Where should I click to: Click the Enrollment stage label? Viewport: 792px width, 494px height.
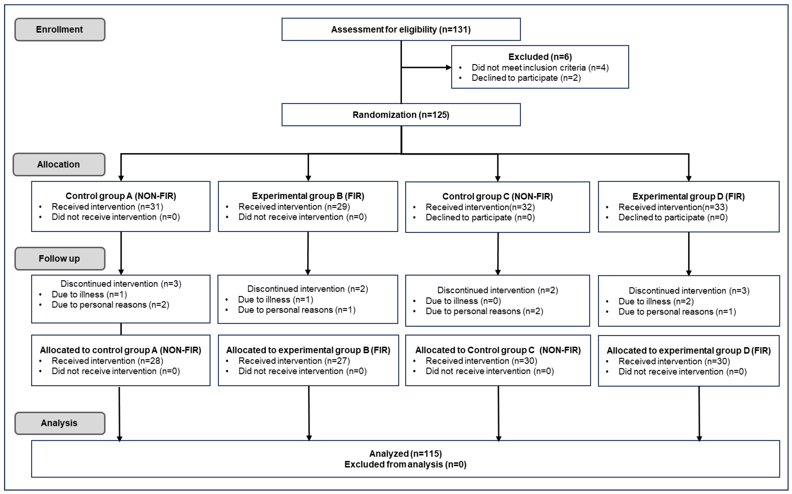pos(59,29)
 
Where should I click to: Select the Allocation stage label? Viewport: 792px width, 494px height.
pos(59,164)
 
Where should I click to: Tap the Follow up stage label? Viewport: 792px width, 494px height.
pos(59,258)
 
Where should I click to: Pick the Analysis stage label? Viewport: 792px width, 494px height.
pos(59,423)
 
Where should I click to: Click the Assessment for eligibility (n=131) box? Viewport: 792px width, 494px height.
pos(401,29)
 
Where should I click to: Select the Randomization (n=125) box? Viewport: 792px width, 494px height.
pos(401,115)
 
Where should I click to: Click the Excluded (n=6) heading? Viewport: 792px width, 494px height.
pos(540,57)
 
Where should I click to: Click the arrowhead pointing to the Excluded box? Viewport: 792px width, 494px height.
pos(449,68)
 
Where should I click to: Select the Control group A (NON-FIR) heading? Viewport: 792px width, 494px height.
pos(121,196)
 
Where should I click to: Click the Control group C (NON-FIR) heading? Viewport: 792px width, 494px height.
pos(497,196)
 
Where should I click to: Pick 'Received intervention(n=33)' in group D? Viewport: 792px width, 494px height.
pos(673,207)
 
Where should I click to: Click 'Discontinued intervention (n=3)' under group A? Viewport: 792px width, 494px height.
pos(121,284)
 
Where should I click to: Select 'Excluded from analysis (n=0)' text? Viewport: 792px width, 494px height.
pos(405,464)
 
